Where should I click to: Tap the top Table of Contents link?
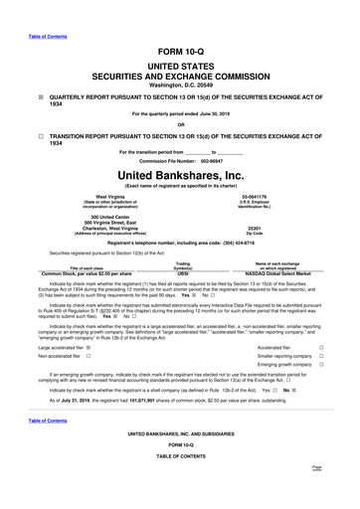[25, 6]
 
